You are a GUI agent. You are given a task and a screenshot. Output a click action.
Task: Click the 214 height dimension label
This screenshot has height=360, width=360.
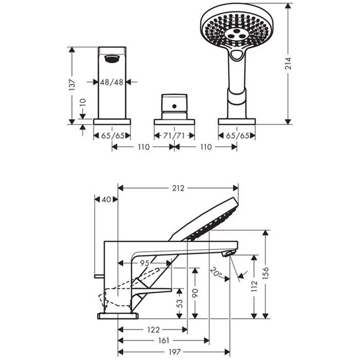288,63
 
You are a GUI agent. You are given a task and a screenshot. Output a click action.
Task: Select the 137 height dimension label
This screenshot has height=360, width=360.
72,85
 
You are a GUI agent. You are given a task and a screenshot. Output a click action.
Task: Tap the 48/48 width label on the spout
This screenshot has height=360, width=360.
112,82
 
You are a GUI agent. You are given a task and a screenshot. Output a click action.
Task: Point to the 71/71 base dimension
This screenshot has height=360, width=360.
174,136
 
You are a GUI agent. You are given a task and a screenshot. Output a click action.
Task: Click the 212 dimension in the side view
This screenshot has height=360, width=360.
178,188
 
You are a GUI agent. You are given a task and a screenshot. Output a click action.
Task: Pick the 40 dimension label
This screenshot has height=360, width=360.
106,200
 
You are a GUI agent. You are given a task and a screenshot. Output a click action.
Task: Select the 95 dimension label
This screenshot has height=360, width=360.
145,263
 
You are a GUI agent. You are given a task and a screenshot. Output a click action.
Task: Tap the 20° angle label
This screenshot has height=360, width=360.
217,273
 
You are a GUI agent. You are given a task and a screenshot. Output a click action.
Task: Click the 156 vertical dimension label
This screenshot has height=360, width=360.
265,273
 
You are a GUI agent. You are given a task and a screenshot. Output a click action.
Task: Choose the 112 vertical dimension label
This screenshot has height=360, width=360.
254,286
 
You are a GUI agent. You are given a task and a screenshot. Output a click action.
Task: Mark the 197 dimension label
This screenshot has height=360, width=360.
175,352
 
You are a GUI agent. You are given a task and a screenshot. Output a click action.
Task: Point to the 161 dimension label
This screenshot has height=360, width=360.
164,340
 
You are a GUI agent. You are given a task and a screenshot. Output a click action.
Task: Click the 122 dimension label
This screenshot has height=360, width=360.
153,330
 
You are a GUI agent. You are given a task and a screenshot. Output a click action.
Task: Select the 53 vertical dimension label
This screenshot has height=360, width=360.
180,303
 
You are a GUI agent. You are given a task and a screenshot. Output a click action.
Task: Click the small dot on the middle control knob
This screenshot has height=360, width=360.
174,106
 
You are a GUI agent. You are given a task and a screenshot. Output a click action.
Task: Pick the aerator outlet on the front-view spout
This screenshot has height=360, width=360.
112,59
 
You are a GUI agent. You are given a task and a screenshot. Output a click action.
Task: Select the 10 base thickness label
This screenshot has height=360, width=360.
83,102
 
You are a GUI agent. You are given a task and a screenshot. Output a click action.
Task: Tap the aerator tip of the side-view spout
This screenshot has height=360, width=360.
228,254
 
